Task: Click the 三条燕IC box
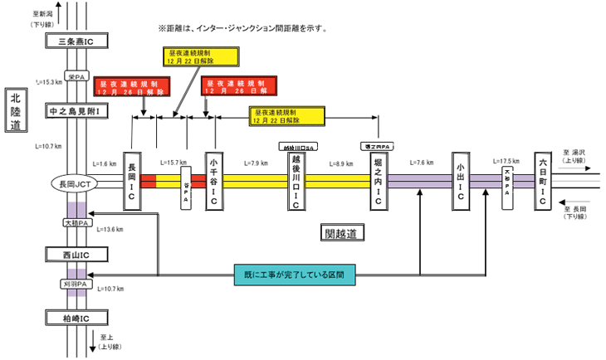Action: click(77, 41)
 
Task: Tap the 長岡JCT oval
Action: click(76, 182)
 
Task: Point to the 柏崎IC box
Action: click(77, 318)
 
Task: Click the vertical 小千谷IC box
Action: click(214, 182)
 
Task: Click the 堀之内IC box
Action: click(378, 181)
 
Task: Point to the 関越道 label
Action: click(340, 234)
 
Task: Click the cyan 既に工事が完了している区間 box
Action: click(294, 273)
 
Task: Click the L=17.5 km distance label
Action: click(506, 161)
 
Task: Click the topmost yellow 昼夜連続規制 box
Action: click(199, 56)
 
